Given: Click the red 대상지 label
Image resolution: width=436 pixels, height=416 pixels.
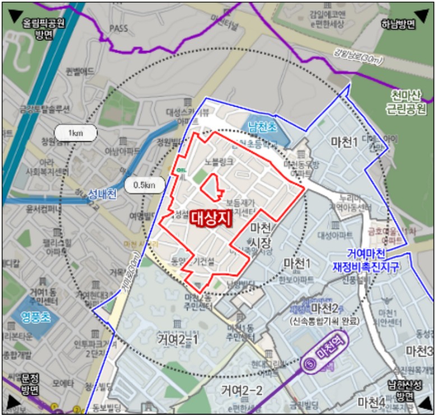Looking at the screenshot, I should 211,218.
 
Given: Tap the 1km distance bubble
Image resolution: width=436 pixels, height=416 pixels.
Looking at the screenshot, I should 76,132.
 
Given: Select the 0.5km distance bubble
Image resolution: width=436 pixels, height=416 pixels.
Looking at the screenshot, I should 144,184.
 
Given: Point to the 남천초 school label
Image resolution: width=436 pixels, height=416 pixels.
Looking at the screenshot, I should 263,127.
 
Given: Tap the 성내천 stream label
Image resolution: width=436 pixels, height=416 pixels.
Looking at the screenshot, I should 102,195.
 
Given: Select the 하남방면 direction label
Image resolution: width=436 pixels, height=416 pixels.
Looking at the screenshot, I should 397,24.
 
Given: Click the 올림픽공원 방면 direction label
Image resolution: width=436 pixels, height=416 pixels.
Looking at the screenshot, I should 43,29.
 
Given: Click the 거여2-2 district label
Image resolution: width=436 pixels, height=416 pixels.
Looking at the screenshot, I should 242,390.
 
